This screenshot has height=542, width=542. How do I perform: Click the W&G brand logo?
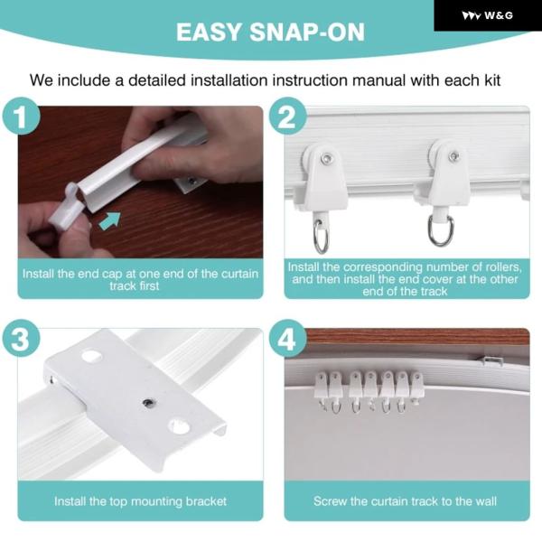487,15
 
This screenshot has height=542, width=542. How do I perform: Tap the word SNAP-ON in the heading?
306,33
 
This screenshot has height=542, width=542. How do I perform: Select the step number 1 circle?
21,117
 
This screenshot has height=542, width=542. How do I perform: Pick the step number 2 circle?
287,117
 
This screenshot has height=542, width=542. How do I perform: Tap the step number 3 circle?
21,338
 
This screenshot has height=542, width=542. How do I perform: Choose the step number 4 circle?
287,338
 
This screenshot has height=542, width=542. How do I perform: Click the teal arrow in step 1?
110,220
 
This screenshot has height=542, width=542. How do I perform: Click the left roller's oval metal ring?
322,236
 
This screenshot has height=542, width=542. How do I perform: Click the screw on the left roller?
325,158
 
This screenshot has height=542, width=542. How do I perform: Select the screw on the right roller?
453,156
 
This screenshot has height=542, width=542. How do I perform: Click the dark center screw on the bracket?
149,402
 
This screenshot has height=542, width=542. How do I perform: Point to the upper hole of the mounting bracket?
91,356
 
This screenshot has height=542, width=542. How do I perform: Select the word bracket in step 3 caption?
206,501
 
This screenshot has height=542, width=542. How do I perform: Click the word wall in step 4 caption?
485,501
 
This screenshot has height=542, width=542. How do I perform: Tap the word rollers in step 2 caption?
499,267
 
